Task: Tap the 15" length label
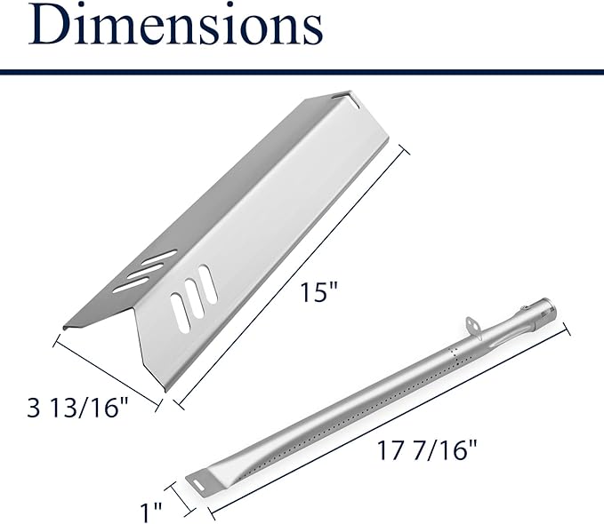pos(318,292)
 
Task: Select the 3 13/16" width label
pos(77,408)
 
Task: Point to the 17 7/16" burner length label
pos(426,450)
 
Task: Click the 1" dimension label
pos(150,512)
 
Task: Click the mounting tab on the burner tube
pos(474,326)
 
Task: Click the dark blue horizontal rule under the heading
pos(302,72)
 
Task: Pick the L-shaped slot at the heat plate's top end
pos(350,99)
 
